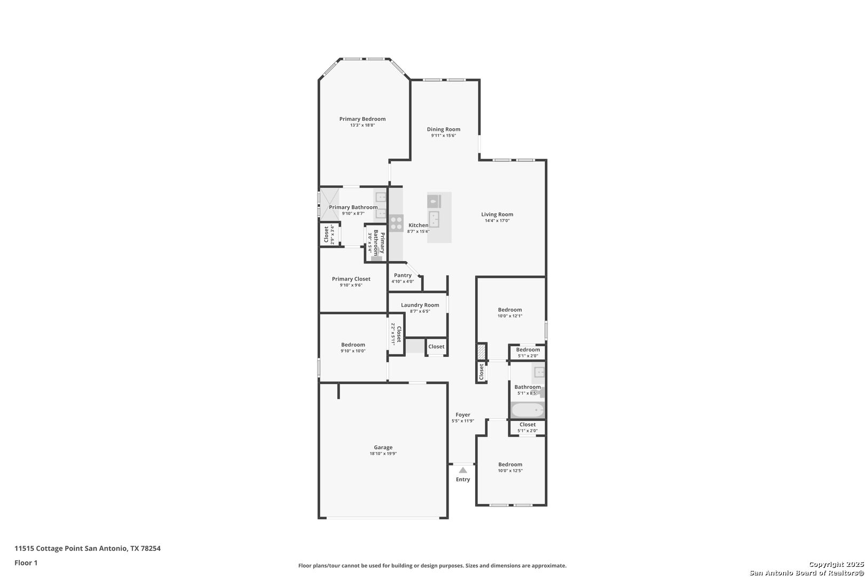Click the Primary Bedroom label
[x=362, y=119]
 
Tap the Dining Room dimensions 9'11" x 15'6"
[x=443, y=136]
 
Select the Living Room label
[x=497, y=214]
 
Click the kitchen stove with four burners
[x=396, y=223]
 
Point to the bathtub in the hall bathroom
[x=528, y=410]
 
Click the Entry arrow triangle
[x=462, y=470]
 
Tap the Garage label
[x=383, y=448]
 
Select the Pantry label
[x=403, y=275]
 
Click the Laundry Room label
[x=420, y=305]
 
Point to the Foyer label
[x=462, y=415]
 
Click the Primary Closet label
[x=351, y=279]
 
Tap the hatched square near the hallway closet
[x=481, y=352]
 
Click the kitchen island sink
[x=434, y=219]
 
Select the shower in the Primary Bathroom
[x=329, y=204]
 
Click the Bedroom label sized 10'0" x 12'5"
[x=510, y=464]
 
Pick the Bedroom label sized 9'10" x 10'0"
[x=353, y=345]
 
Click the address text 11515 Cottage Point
[x=49, y=548]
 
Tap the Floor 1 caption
[x=26, y=563]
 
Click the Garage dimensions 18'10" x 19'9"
[x=383, y=454]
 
